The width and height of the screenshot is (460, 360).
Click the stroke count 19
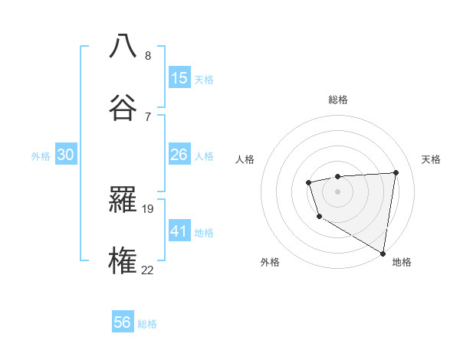click(148, 208)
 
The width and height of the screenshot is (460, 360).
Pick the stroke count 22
click(148, 270)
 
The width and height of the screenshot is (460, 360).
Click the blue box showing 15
click(179, 77)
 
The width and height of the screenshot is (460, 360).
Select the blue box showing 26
click(179, 155)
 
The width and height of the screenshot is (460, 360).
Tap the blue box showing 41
click(179, 231)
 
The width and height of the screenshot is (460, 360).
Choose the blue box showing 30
click(66, 155)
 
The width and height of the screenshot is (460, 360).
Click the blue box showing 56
click(123, 322)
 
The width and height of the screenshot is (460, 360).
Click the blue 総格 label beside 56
click(147, 324)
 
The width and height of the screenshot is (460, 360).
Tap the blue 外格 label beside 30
click(41, 156)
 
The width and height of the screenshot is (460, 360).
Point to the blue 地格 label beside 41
click(204, 232)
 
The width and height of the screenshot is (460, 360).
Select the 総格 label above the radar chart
click(338, 100)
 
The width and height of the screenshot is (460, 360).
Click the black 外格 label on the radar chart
click(270, 262)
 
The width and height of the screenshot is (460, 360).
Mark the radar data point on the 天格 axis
click(396, 172)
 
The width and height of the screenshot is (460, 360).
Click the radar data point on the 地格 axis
click(383, 252)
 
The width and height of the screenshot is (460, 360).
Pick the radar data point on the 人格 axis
click(308, 182)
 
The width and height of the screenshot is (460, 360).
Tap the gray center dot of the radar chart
click(337, 191)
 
